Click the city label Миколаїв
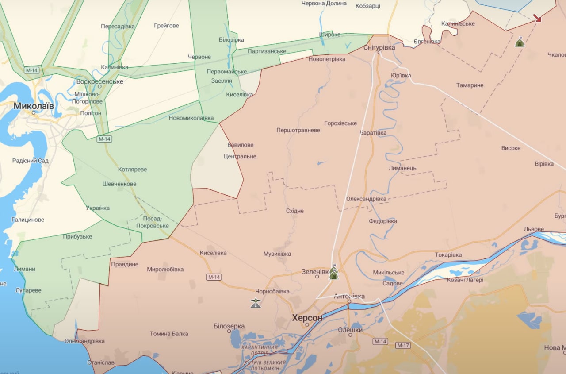[x=34, y=106]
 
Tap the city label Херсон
[x=307, y=318]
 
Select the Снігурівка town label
[x=379, y=47]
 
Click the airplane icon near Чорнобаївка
[x=256, y=303]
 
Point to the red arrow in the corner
[x=537, y=18]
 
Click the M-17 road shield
[x=403, y=345]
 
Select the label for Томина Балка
[x=169, y=334]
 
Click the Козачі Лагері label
[x=465, y=280]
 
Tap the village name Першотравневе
[x=298, y=131]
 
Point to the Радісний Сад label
[x=30, y=161]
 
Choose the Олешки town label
[x=350, y=330]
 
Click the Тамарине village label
[x=470, y=85]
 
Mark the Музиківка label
[x=277, y=254]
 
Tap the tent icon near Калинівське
[x=520, y=42]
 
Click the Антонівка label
[x=349, y=296]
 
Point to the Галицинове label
[x=27, y=220]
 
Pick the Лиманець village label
[x=402, y=168]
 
